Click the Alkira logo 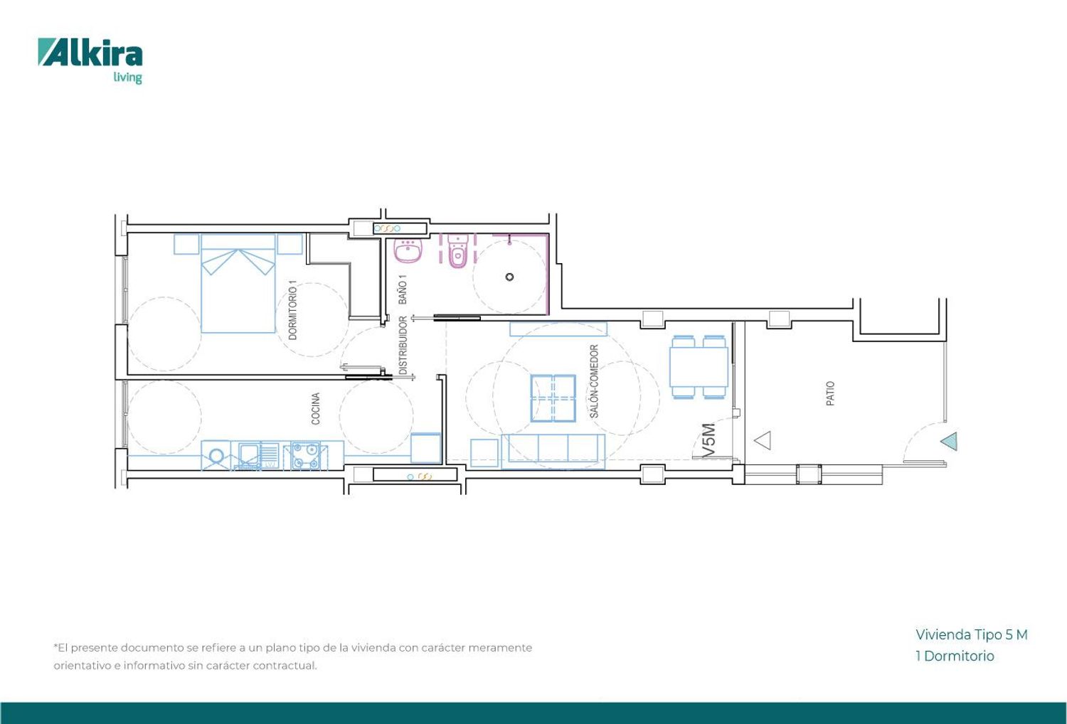90,60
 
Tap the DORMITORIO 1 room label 293,309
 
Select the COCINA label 315,408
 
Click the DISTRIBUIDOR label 403,346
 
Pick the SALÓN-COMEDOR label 593,381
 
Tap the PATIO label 830,393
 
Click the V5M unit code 708,440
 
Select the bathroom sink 408,250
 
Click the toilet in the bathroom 458,251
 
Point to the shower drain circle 509,277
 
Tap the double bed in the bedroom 238,283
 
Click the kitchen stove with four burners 305,456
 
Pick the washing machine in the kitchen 216,456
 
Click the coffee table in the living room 553,398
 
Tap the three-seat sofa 553,451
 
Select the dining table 699,367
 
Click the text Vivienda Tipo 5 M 972,634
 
